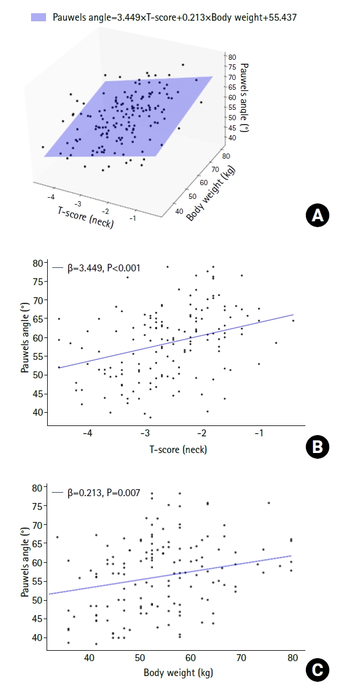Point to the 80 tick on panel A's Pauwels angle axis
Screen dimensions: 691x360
point(232,57)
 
